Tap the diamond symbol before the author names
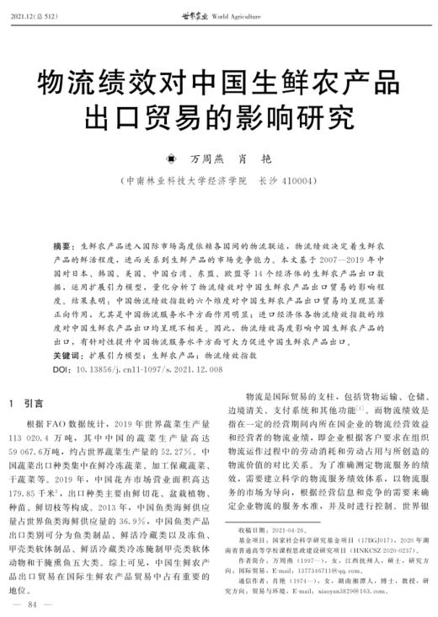click(172, 158)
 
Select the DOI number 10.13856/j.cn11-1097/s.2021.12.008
click(147, 369)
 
